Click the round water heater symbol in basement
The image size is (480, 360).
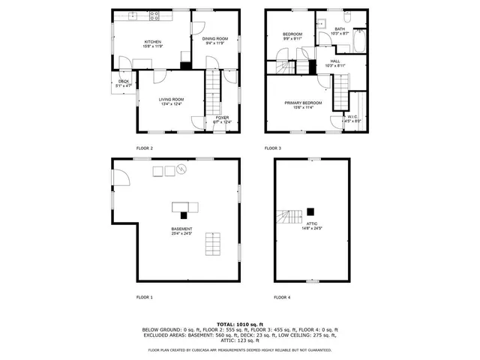point(181,171)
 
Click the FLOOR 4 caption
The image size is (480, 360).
point(281,298)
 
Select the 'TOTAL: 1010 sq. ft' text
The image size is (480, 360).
point(239,322)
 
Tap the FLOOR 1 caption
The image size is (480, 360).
point(144,298)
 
